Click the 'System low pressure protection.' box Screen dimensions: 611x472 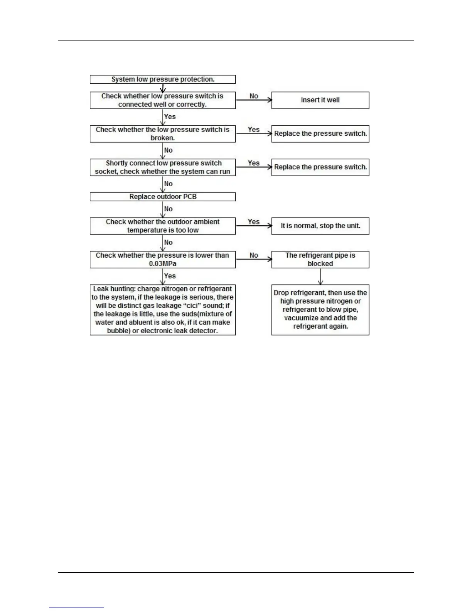162,79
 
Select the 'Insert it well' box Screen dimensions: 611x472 320,100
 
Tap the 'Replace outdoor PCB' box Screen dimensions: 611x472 162,197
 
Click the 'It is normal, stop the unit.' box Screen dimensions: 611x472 320,226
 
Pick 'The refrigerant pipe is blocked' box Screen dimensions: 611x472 320,260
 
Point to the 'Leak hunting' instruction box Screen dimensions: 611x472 162,310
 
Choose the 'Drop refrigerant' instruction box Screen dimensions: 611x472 320,310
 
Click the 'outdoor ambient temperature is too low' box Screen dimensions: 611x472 162,226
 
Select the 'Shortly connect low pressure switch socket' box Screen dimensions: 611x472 162,167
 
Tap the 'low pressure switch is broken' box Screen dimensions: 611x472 162,134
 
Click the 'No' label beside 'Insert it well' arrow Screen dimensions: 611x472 254,96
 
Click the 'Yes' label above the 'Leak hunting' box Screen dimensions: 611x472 170,276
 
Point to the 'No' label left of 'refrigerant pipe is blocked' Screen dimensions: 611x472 254,255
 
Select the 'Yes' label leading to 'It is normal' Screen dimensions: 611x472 254,222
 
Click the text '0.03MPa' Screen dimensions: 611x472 162,264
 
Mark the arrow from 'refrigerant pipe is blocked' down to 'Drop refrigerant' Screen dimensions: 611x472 320,276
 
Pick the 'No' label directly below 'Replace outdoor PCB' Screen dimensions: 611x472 169,209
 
